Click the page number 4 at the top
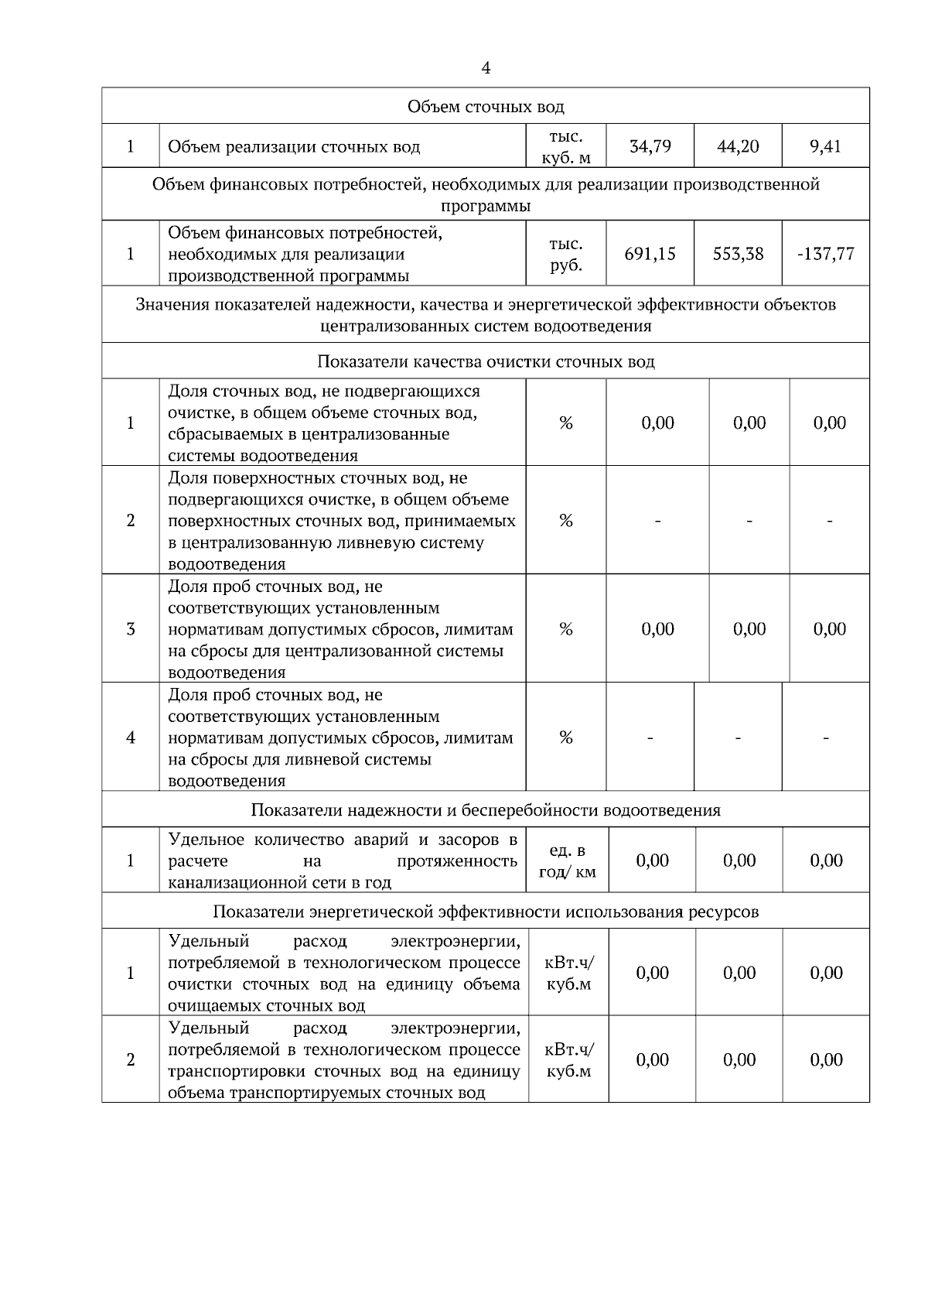[x=486, y=69]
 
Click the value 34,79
[x=650, y=146]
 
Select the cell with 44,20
[x=739, y=146]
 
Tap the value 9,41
[x=826, y=146]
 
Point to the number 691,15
[x=650, y=254]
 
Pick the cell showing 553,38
[x=739, y=254]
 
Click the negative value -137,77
[x=826, y=254]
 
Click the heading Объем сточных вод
[x=486, y=106]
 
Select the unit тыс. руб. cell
[x=566, y=255]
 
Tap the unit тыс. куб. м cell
[x=566, y=146]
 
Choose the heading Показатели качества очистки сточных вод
[x=486, y=361]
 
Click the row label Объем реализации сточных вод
[x=294, y=146]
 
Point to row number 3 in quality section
[x=131, y=629]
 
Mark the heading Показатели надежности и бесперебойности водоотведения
[x=486, y=810]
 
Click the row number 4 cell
[x=131, y=737]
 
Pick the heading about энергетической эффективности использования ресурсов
[x=486, y=912]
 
